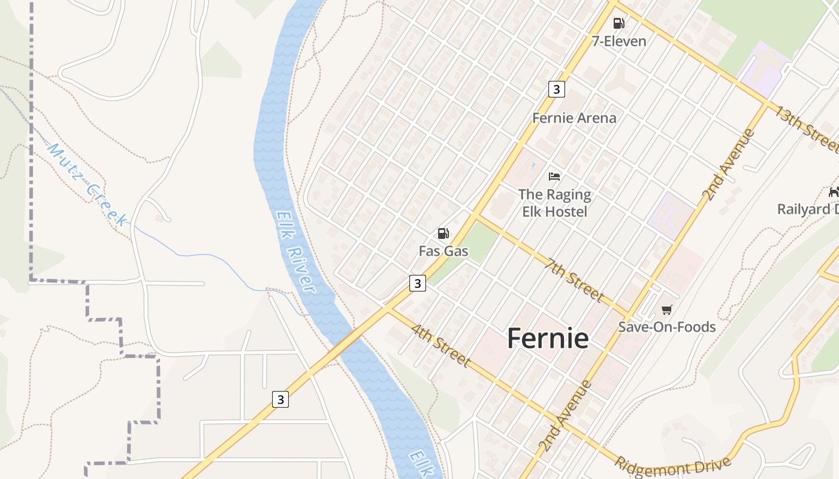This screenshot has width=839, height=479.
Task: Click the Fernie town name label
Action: point(548,338)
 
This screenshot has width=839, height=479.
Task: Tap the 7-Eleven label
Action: point(619,41)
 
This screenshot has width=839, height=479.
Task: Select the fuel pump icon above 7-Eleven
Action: point(618,23)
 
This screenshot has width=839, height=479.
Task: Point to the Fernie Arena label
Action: point(574,118)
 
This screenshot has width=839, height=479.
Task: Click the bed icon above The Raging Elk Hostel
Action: point(554,176)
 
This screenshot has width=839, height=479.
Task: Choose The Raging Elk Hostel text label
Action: point(554,203)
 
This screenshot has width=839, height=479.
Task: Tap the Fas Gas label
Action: point(443,251)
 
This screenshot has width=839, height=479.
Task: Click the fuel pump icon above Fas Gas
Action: point(443,234)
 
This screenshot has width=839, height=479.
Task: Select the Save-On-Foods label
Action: point(666,327)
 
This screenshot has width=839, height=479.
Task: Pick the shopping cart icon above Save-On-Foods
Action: point(666,310)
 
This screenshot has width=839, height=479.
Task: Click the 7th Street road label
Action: point(575,279)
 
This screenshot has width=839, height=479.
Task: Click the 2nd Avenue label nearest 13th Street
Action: point(728,165)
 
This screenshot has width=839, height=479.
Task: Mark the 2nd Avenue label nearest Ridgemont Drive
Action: point(565,416)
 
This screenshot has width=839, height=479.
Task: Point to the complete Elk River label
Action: point(296,251)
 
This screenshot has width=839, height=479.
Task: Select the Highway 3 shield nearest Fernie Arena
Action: point(557,89)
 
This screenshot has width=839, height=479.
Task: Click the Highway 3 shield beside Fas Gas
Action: point(418,283)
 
